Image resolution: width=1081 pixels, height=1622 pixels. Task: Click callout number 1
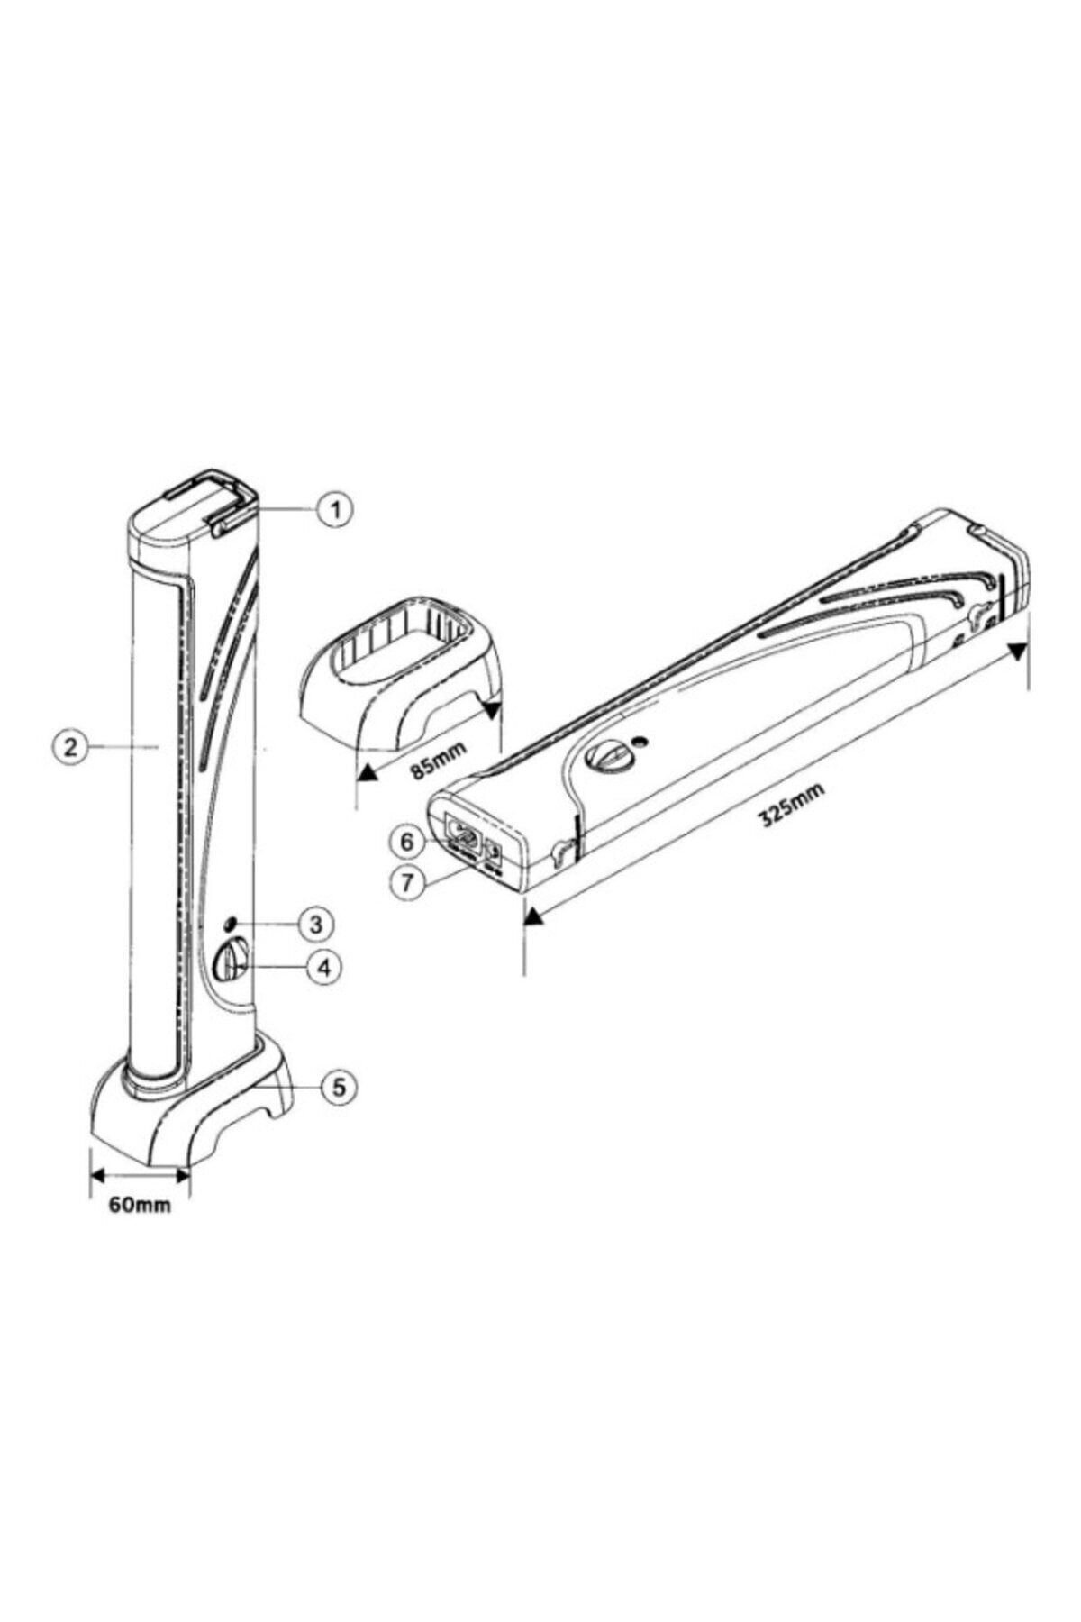tap(334, 510)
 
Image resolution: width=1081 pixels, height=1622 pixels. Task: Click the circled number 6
tap(407, 842)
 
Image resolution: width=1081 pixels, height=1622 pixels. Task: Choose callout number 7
tap(407, 883)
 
